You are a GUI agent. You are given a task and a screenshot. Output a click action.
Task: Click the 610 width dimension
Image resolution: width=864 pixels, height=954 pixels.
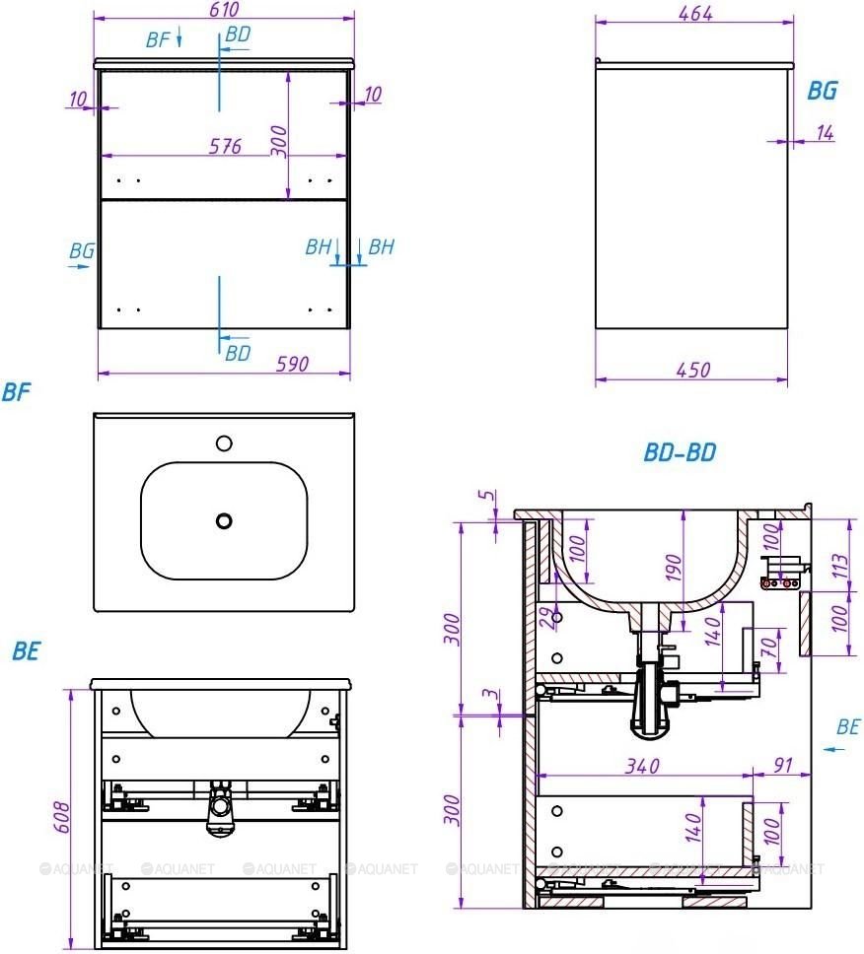pos(224,10)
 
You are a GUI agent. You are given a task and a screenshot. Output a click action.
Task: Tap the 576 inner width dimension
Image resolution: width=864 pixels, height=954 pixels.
pos(225,146)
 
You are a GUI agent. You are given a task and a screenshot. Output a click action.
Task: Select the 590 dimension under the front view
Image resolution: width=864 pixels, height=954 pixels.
pos(293,364)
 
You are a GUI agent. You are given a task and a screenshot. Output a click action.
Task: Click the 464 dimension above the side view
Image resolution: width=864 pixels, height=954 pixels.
pos(695,14)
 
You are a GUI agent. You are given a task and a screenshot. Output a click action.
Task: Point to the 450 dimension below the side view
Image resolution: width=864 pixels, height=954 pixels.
pos(693,370)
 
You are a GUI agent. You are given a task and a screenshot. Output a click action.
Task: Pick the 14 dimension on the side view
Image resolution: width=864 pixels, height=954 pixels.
pos(825,133)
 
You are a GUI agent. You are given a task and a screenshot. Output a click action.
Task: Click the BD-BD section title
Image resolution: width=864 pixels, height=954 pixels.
pos(681,452)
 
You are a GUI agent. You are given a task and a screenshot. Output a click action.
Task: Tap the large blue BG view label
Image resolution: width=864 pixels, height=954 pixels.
pos(823,91)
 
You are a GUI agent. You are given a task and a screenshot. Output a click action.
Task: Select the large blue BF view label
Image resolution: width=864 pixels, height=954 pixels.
pos(16,392)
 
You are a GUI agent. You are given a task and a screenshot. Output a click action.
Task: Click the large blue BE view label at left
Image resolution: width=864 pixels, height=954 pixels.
pos(27,651)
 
